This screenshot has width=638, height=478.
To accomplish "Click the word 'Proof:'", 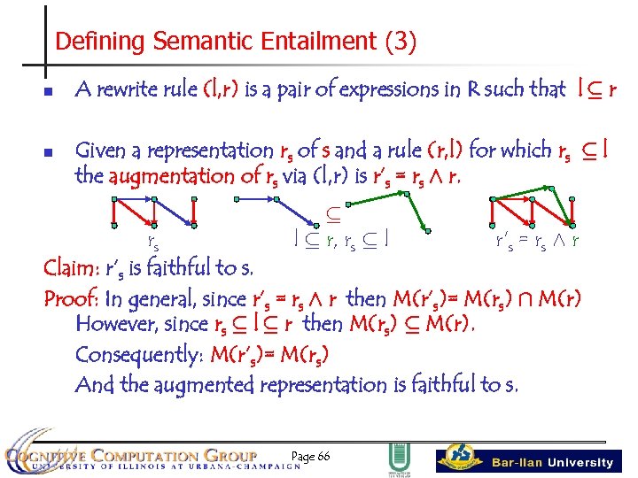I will (x=74, y=297).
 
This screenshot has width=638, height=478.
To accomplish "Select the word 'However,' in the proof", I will (x=113, y=325).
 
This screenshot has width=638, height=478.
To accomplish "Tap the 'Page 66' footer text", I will (x=311, y=456).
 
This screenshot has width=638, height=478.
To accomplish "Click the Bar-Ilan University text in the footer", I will (x=552, y=462).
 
